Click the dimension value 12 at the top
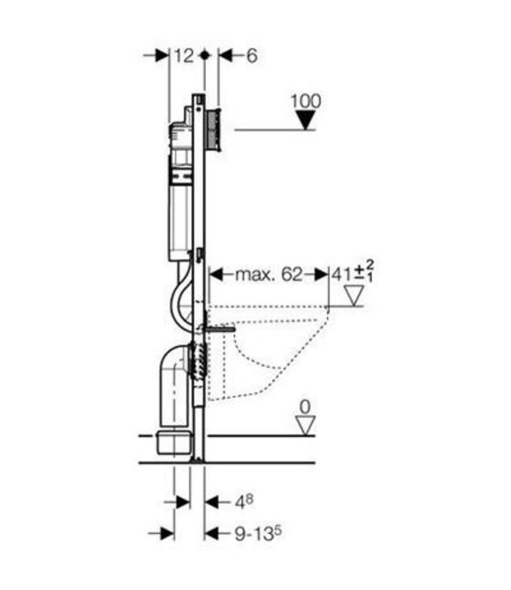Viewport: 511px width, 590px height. point(184,55)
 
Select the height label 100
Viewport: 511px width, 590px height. point(305,101)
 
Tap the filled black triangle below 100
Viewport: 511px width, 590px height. point(305,120)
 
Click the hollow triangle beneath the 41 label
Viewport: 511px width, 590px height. point(355,296)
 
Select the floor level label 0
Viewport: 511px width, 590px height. point(305,407)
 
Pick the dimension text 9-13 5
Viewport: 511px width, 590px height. point(251,533)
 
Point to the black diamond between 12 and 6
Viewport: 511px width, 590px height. point(204,55)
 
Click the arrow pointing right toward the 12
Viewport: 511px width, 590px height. point(160,55)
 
